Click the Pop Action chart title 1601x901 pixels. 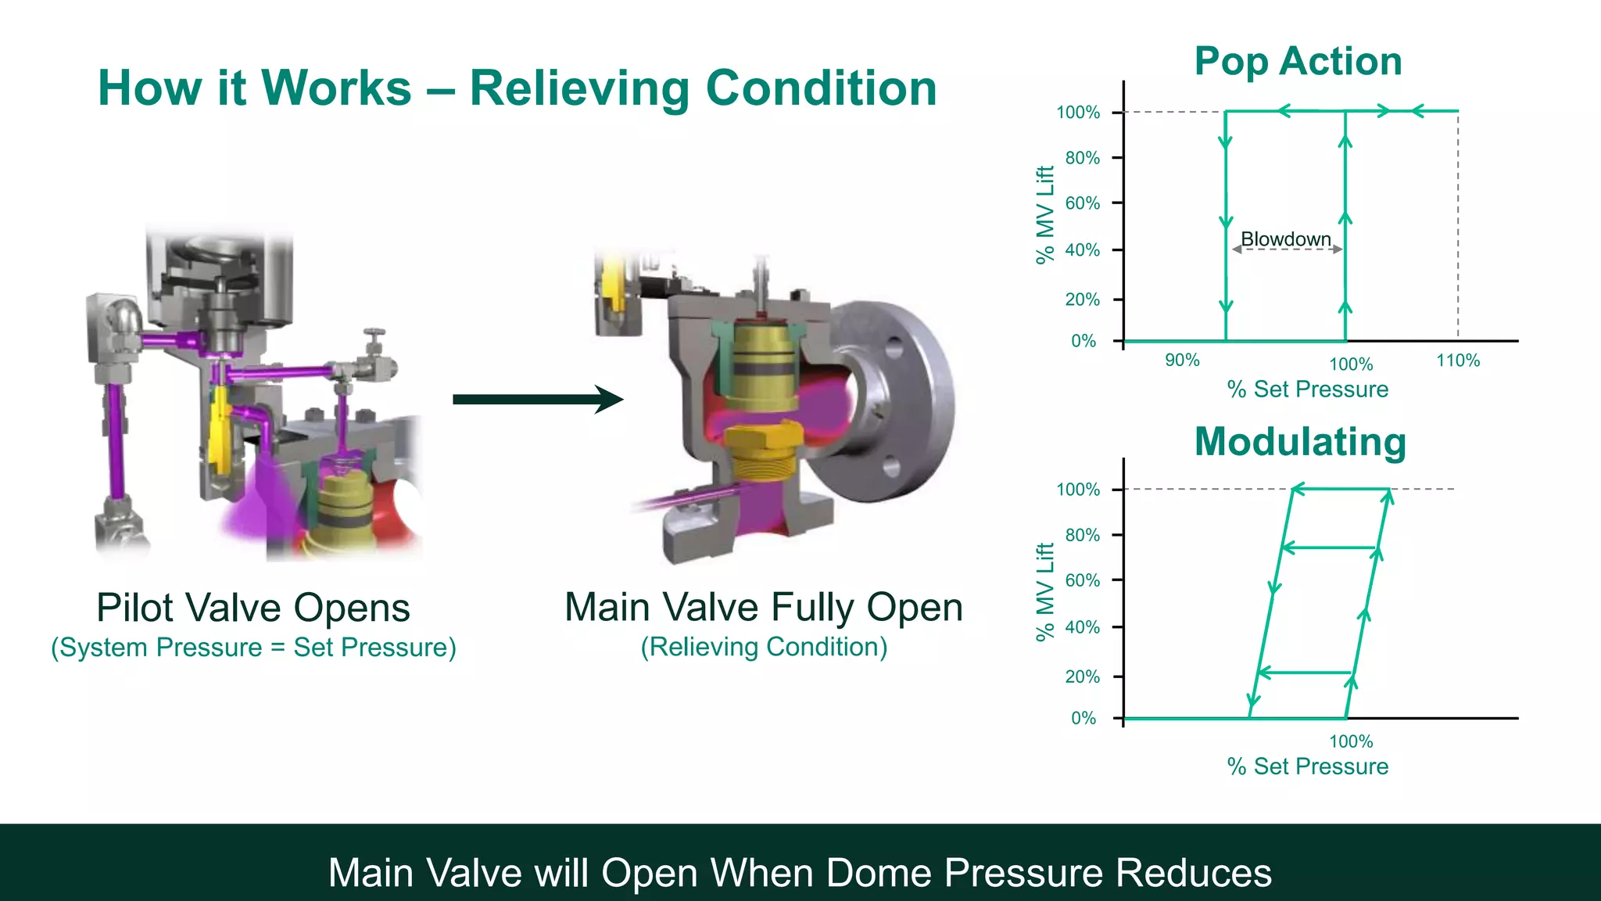pos(1298,62)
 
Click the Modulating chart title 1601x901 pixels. pos(1300,442)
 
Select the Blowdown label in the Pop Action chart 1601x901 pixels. pos(1286,239)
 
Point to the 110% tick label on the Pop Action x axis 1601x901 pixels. pos(1458,361)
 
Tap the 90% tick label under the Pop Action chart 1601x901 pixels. pos(1182,360)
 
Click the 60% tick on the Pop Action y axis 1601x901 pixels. pos(1083,203)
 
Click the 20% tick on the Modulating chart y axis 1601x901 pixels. pos(1083,677)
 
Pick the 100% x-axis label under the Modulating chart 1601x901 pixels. pos(1351,741)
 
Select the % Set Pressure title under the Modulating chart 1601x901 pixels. pos(1308,766)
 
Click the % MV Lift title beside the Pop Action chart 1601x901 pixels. pos(1045,215)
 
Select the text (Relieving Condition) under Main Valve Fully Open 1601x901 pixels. pos(764,647)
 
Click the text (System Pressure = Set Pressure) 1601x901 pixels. pos(253,648)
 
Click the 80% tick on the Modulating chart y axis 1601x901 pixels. pos(1083,535)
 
